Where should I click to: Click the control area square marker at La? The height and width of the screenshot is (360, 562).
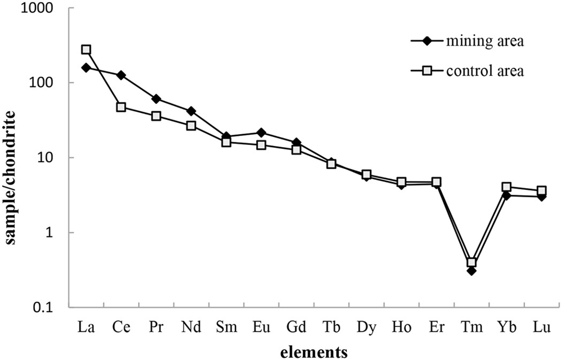tap(86, 50)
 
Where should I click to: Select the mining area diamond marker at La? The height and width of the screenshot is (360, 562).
tap(86, 67)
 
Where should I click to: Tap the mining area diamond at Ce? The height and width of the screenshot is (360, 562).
tap(121, 75)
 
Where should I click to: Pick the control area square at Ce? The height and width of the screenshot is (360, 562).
tap(121, 108)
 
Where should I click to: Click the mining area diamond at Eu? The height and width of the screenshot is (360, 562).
tap(261, 132)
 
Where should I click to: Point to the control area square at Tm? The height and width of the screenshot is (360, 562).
tap(472, 263)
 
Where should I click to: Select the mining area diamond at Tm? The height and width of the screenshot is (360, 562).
tap(472, 271)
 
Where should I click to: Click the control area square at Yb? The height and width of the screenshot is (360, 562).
tap(506, 187)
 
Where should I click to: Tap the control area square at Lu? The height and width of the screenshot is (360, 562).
tap(542, 191)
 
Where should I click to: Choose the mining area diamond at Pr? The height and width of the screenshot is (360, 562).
tap(156, 99)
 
